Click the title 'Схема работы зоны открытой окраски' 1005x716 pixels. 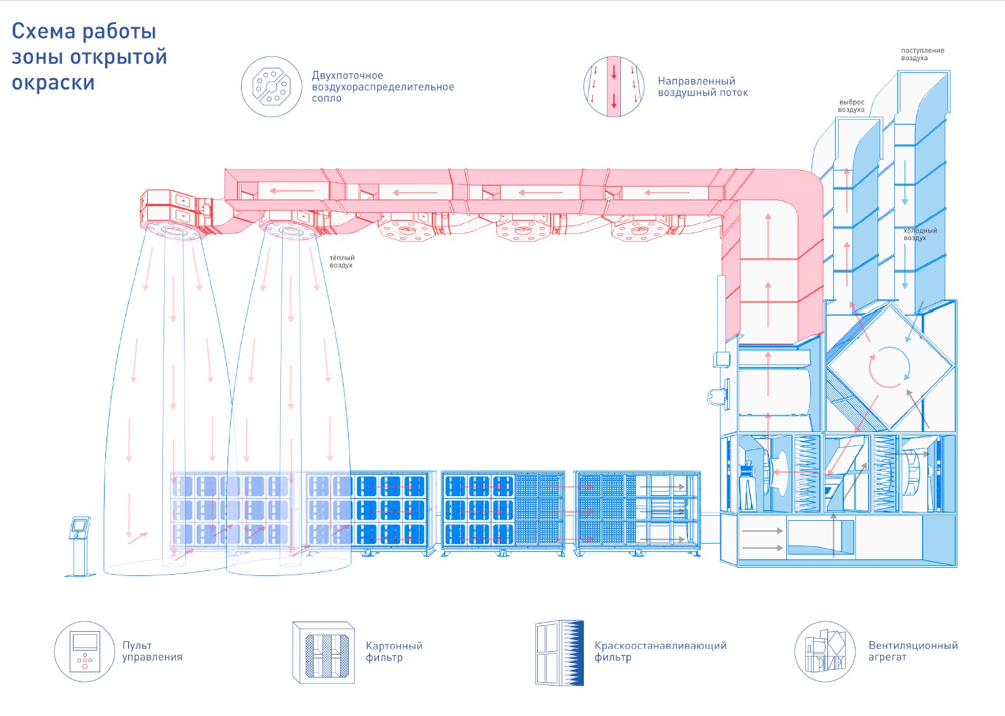pyautogui.click(x=89, y=57)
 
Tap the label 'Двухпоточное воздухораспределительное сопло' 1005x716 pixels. pyautogui.click(x=382, y=87)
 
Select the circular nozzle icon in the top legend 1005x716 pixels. pyautogui.click(x=271, y=87)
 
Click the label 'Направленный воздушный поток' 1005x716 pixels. pyautogui.click(x=703, y=87)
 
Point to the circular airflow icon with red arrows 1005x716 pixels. pyautogui.click(x=613, y=87)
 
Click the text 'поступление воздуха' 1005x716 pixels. pyautogui.click(x=922, y=54)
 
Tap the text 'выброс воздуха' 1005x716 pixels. pyautogui.click(x=851, y=106)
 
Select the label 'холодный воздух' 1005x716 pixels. pyautogui.click(x=919, y=234)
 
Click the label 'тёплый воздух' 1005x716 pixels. pyautogui.click(x=342, y=262)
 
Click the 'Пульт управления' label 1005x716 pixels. pyautogui.click(x=152, y=651)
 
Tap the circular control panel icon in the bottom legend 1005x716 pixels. pyautogui.click(x=85, y=651)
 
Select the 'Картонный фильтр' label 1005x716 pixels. pyautogui.click(x=394, y=651)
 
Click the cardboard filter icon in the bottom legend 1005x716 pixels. pyautogui.click(x=323, y=652)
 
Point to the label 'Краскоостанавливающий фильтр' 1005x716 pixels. pyautogui.click(x=660, y=651)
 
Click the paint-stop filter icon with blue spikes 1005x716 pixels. pyautogui.click(x=559, y=653)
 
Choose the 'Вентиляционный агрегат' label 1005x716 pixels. pyautogui.click(x=912, y=651)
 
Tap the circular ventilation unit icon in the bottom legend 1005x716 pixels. pyautogui.click(x=825, y=651)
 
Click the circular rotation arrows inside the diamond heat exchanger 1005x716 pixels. pyautogui.click(x=890, y=367)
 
